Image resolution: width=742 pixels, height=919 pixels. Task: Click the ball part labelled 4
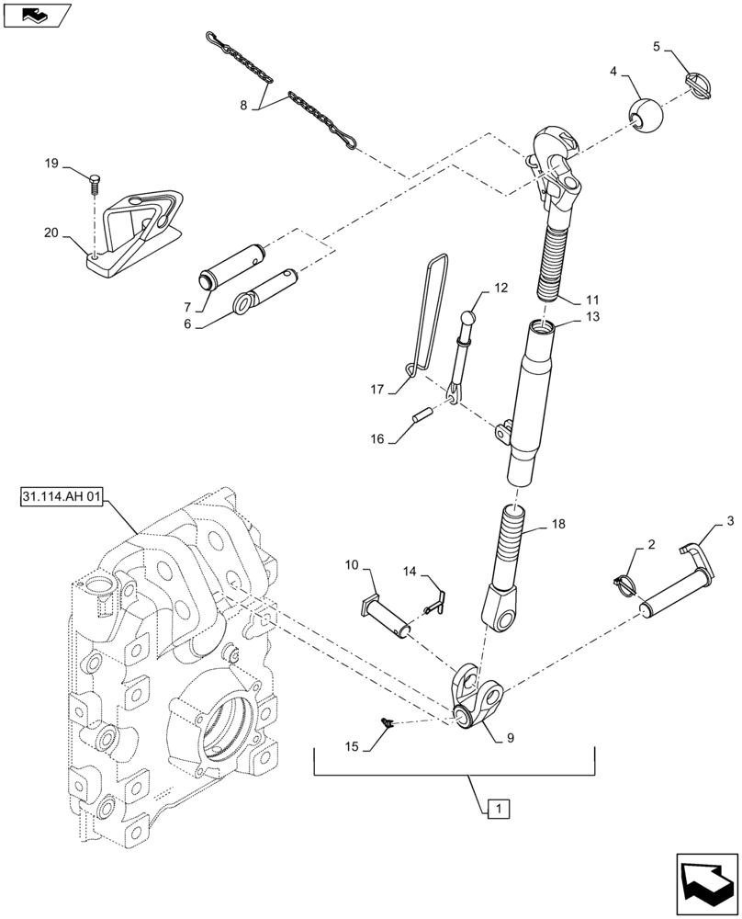point(646,115)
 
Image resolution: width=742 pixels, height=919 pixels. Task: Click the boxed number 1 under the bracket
point(497,809)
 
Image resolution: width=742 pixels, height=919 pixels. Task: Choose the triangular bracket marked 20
point(138,230)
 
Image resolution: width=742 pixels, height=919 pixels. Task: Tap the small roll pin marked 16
point(423,415)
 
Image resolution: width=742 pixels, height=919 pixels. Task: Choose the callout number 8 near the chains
point(243,106)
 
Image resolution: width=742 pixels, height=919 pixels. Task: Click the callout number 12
point(500,288)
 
